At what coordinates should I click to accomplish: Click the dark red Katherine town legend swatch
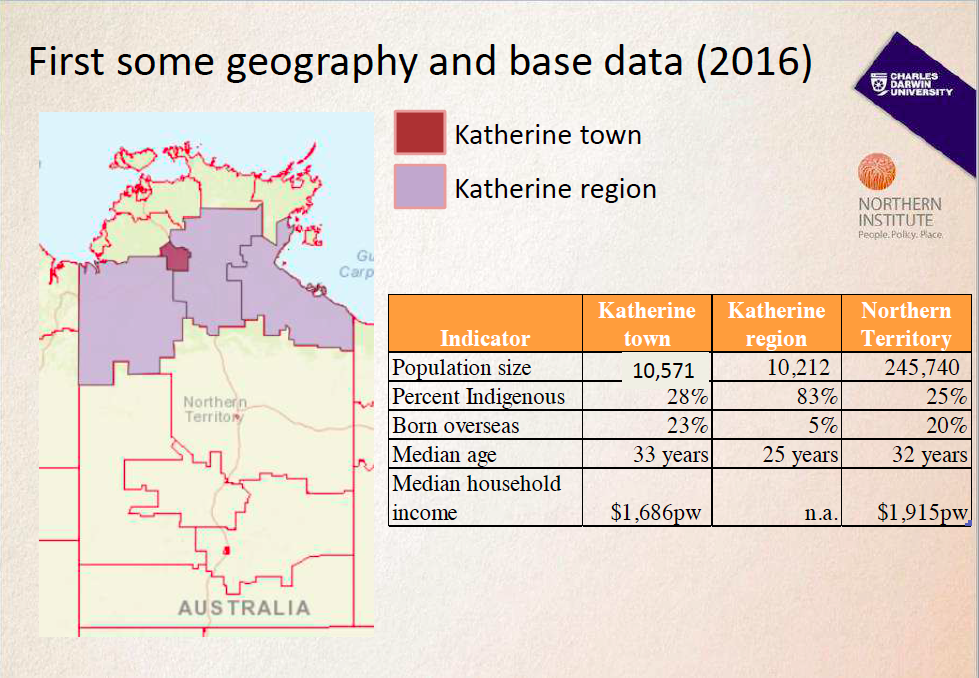(419, 133)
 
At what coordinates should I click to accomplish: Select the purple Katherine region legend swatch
(419, 187)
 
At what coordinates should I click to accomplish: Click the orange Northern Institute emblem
(877, 173)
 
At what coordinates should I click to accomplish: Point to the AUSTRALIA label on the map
(244, 607)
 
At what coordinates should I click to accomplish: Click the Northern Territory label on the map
(214, 409)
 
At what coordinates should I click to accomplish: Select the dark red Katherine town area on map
(176, 257)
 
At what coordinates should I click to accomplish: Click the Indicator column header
(485, 337)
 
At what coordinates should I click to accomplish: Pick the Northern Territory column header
(906, 323)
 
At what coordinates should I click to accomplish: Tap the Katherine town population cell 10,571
(663, 370)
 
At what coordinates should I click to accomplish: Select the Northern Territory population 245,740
(922, 367)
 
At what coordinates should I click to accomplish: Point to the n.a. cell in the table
(821, 514)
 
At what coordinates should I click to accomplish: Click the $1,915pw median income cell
(922, 513)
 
